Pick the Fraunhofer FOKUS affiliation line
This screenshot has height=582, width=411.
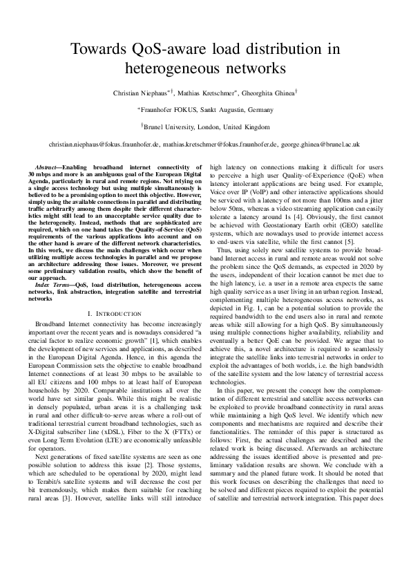206,110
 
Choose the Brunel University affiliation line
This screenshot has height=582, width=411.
206,127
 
